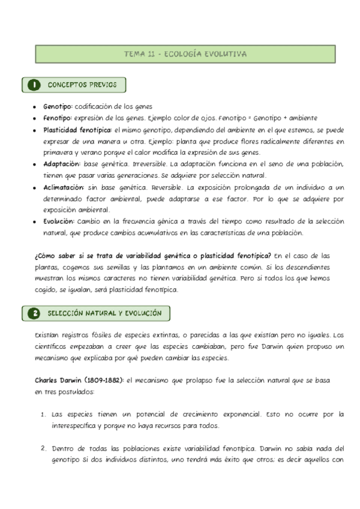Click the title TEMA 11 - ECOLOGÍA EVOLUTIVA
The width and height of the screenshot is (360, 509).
185,54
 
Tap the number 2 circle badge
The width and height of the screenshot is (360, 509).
35,313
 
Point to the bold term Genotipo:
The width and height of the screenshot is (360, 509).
58,106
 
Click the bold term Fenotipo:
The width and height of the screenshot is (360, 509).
58,118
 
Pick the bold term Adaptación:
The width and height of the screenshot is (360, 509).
62,164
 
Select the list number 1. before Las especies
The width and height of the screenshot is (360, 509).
44,414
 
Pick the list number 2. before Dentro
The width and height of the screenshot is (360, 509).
44,448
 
